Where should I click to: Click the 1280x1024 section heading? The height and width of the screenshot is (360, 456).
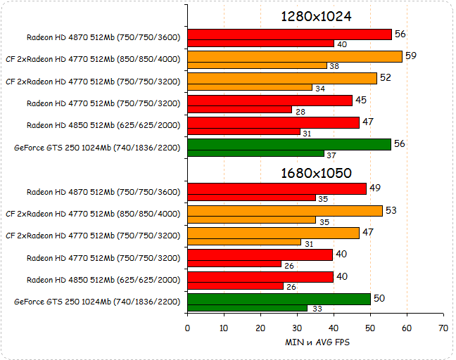(316, 16)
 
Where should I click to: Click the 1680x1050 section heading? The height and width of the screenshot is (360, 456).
(316, 172)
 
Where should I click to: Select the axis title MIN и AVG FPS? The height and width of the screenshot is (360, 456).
(317, 342)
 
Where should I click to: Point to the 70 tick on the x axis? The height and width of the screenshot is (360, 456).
(443, 328)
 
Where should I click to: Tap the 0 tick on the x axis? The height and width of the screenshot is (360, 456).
(187, 328)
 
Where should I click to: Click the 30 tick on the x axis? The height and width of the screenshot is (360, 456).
(297, 328)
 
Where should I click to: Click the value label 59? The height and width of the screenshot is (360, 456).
(411, 55)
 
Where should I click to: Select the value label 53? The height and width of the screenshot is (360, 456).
(391, 210)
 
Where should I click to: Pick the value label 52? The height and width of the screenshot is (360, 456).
(386, 77)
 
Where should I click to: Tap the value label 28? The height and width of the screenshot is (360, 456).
(300, 110)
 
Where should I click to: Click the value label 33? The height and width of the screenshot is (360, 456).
(317, 308)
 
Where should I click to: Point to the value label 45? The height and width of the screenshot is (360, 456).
(361, 100)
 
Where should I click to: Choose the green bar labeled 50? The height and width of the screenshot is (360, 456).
(279, 299)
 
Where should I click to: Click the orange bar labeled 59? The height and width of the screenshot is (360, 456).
(295, 56)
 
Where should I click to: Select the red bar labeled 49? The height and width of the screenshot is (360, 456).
(277, 188)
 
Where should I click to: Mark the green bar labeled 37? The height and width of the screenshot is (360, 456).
(255, 153)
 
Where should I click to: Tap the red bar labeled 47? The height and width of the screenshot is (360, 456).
(273, 122)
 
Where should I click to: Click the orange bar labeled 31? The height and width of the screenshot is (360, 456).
(243, 242)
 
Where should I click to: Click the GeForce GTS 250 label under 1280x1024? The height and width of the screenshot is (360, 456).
(97, 148)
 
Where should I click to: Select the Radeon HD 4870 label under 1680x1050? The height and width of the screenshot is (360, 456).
(103, 191)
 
